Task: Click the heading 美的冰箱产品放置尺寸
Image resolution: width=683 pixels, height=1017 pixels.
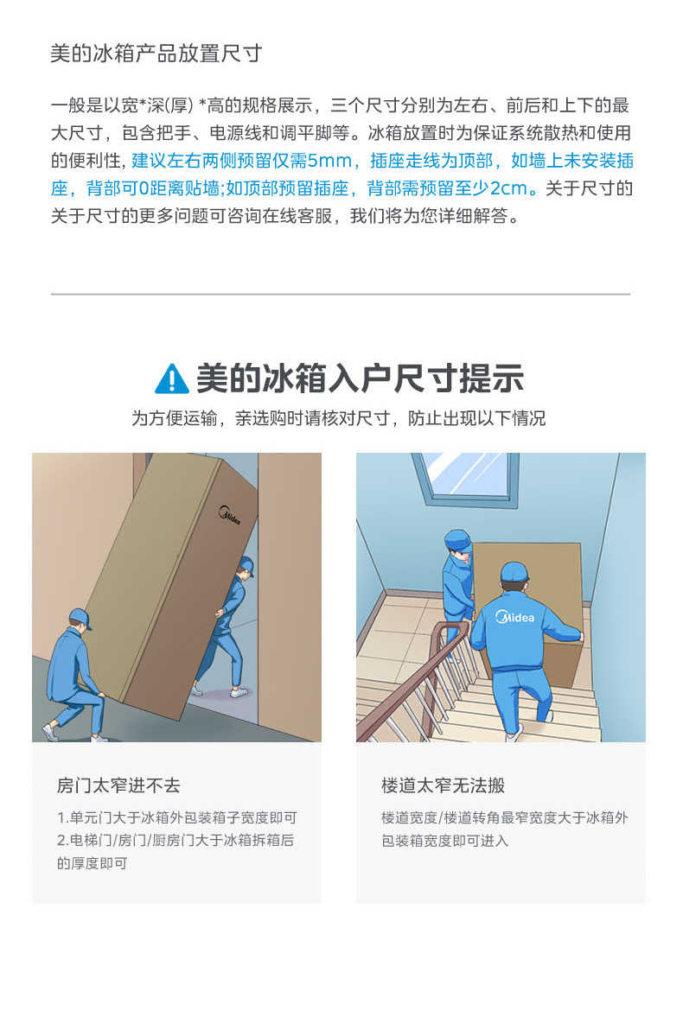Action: (156, 54)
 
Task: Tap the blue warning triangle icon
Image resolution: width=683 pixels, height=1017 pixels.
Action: (171, 378)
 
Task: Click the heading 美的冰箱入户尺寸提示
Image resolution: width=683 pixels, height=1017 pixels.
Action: (360, 378)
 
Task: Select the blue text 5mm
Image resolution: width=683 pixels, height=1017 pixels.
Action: (329, 161)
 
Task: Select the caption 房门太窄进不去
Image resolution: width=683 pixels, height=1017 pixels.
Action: (118, 785)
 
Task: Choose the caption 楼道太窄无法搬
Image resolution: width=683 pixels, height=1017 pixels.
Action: (443, 785)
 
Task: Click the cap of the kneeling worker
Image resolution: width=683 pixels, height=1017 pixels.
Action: (80, 617)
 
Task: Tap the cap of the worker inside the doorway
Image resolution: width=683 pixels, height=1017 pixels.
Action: (246, 566)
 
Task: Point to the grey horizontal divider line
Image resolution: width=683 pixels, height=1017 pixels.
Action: (341, 295)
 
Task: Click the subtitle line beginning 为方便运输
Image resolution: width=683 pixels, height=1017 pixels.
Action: (338, 419)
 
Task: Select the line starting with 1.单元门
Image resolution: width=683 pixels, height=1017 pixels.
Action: (177, 817)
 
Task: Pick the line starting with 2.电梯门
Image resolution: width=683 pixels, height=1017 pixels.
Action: (176, 840)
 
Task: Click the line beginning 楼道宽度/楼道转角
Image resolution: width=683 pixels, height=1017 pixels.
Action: (504, 817)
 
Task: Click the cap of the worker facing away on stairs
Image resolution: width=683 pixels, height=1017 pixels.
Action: (514, 572)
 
